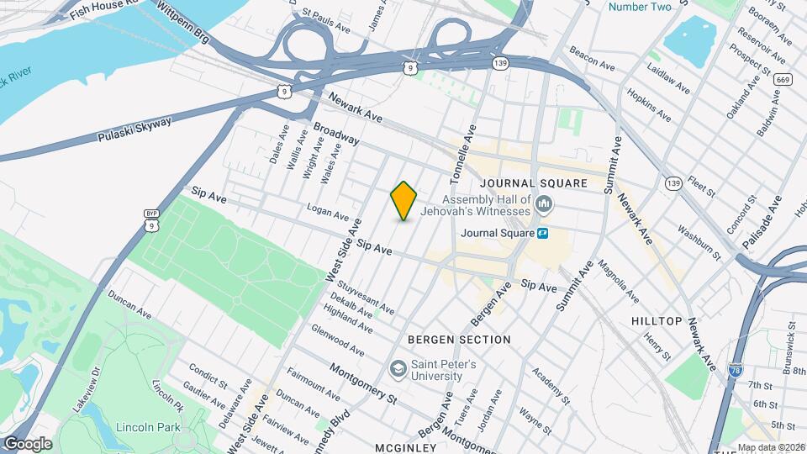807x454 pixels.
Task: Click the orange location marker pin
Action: pos(404,201)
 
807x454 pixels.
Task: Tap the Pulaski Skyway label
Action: pos(134,129)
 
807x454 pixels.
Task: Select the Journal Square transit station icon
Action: pos(544,233)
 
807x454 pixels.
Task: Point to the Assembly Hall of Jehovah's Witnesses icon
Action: pos(544,204)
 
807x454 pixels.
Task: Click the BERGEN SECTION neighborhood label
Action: pos(459,340)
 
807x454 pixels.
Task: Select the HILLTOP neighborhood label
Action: pos(657,321)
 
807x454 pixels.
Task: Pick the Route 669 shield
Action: pos(783,79)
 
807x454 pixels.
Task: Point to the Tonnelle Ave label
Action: pos(463,155)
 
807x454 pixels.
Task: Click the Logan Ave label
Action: pos(328,216)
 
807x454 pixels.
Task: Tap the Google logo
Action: pos(28,444)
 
